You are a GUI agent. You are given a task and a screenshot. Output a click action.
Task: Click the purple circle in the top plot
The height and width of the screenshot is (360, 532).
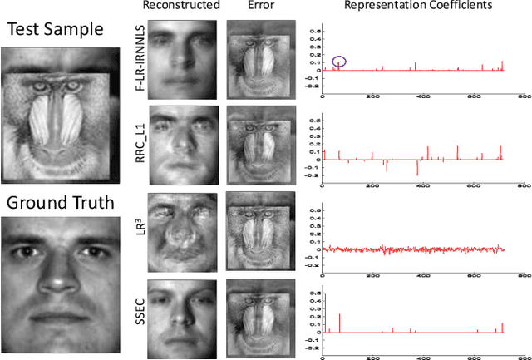tap(340, 62)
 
